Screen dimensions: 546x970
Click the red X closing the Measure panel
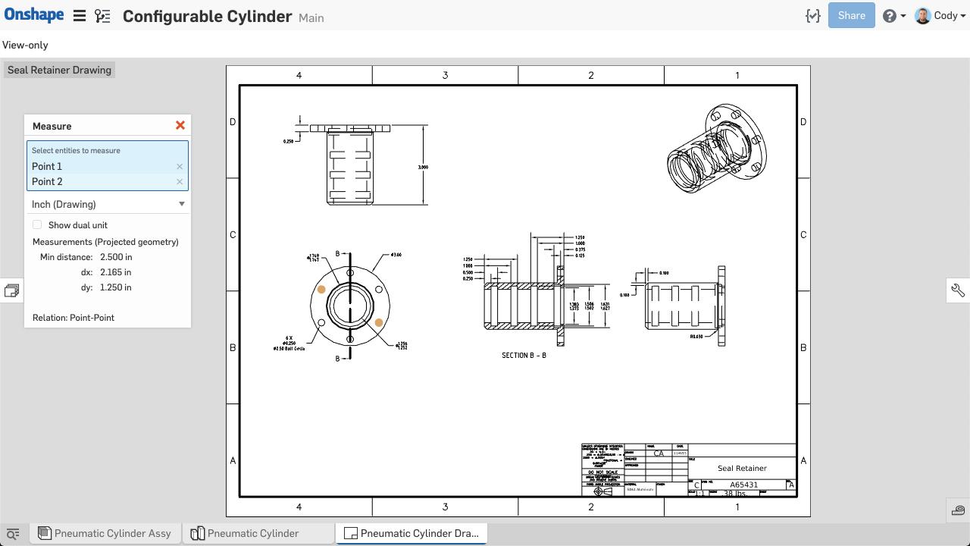tap(180, 125)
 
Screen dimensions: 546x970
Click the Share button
tap(851, 15)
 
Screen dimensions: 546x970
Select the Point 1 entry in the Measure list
tap(47, 166)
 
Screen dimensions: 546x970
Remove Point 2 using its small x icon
tap(180, 182)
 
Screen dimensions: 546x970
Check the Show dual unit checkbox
tap(37, 224)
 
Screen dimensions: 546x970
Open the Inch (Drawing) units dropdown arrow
tap(181, 204)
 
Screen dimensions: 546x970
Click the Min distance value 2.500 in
tap(116, 257)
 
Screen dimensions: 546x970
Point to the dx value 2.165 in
tap(115, 272)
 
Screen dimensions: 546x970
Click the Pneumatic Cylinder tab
tap(252, 533)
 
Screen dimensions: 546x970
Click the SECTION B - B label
tap(524, 355)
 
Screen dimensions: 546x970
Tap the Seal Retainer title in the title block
tap(742, 468)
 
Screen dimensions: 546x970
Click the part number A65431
tap(743, 485)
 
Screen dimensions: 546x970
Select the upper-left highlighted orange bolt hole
tap(321, 290)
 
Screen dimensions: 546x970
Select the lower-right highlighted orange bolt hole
tap(379, 322)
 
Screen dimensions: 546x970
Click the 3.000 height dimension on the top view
tap(423, 167)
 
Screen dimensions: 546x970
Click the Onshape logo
tap(34, 15)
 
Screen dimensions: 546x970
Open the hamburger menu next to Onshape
tap(79, 15)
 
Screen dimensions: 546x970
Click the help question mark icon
tap(890, 16)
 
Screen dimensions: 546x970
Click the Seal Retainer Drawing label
tap(59, 70)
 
